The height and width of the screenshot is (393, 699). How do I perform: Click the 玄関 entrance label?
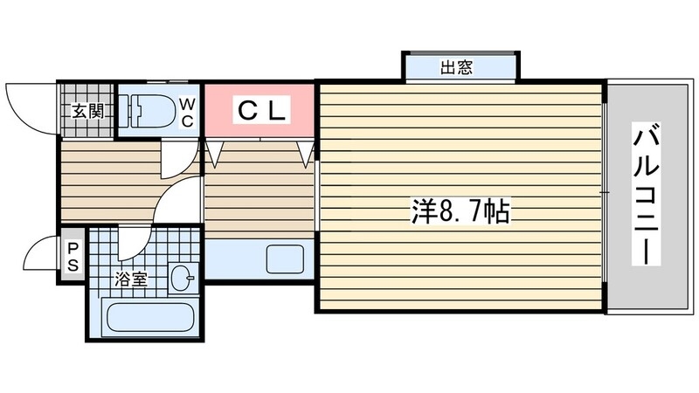tap(87, 110)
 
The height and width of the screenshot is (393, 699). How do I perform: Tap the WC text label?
tap(187, 112)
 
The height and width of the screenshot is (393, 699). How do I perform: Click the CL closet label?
tap(259, 110)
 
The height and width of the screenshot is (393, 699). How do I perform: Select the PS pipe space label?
tap(73, 257)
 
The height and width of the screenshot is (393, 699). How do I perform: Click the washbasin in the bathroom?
tap(183, 279)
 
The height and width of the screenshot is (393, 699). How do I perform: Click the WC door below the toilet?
tap(175, 157)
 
